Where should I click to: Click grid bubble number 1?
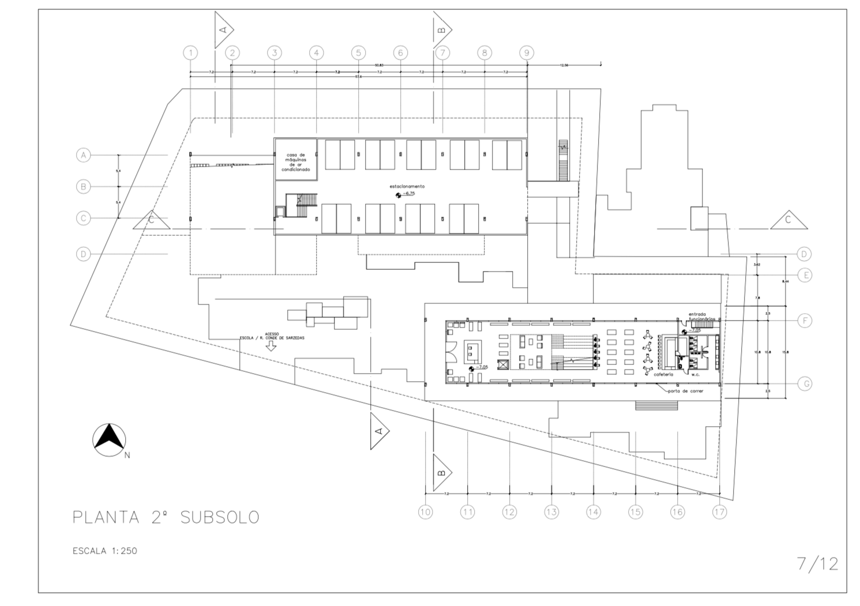pyautogui.click(x=190, y=53)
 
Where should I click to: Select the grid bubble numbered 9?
pyautogui.click(x=526, y=53)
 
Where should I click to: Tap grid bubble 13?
pyautogui.click(x=551, y=511)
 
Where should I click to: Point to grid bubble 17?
pyautogui.click(x=719, y=511)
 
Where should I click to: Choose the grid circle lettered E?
pyautogui.click(x=806, y=275)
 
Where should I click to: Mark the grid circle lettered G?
pyautogui.click(x=806, y=383)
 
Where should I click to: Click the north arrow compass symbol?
pyautogui.click(x=110, y=439)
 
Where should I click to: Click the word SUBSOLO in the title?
pyautogui.click(x=220, y=517)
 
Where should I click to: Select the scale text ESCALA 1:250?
pyautogui.click(x=105, y=551)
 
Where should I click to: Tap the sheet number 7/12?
pyautogui.click(x=817, y=563)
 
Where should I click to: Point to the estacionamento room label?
pyautogui.click(x=407, y=186)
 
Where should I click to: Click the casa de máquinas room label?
pyautogui.click(x=295, y=162)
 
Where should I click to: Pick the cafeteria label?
pyautogui.click(x=663, y=374)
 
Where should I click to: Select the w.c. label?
pyautogui.click(x=695, y=374)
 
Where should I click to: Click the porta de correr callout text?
pyautogui.click(x=686, y=391)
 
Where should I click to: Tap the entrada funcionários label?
pyautogui.click(x=701, y=316)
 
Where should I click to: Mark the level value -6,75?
pyautogui.click(x=409, y=194)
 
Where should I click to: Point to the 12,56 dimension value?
pyautogui.click(x=564, y=65)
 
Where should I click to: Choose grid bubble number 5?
pyautogui.click(x=358, y=53)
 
